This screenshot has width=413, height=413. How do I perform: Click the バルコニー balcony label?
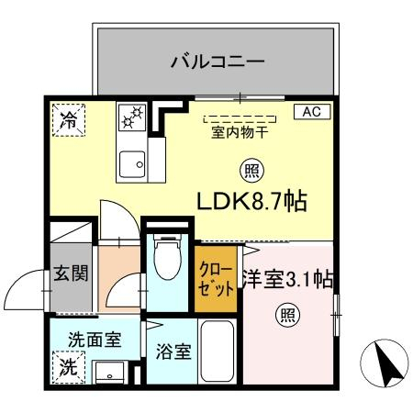point(218,63)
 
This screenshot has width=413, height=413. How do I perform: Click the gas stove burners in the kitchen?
point(130,117)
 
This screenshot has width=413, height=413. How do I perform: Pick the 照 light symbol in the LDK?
point(249,170)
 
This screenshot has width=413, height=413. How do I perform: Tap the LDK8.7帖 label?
point(251,199)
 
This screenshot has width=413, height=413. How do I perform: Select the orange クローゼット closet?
point(216,277)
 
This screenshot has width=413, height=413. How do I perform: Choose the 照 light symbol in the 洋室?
point(288,315)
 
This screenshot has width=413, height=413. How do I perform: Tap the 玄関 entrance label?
point(69,273)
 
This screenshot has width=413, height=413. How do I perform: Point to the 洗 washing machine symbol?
point(68,366)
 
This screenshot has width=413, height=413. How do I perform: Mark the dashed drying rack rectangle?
point(239,117)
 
